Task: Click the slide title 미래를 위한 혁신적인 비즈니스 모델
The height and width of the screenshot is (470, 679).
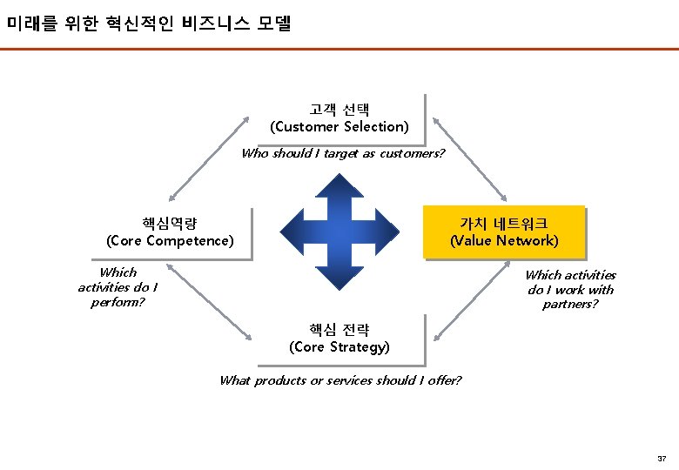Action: coord(148,23)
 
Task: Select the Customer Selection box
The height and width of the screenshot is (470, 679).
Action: coord(339,118)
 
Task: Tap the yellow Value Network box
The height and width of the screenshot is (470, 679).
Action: coord(504,232)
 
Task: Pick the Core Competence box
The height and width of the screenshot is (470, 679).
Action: coord(171,232)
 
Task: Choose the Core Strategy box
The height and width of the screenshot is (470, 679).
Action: coord(339,339)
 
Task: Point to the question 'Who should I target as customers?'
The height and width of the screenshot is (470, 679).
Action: coord(343,154)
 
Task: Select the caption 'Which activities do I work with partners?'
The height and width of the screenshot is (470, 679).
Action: coord(570,290)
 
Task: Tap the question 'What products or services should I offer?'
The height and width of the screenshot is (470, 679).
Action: coord(340,380)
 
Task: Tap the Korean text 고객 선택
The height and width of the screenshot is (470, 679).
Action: coord(339,110)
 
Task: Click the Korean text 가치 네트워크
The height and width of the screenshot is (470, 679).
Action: coord(504,224)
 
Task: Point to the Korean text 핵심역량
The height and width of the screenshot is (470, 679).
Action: coord(170,224)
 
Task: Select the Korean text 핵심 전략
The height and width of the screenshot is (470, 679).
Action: coord(339,330)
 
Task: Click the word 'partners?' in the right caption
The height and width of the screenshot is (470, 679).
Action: coord(570,305)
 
